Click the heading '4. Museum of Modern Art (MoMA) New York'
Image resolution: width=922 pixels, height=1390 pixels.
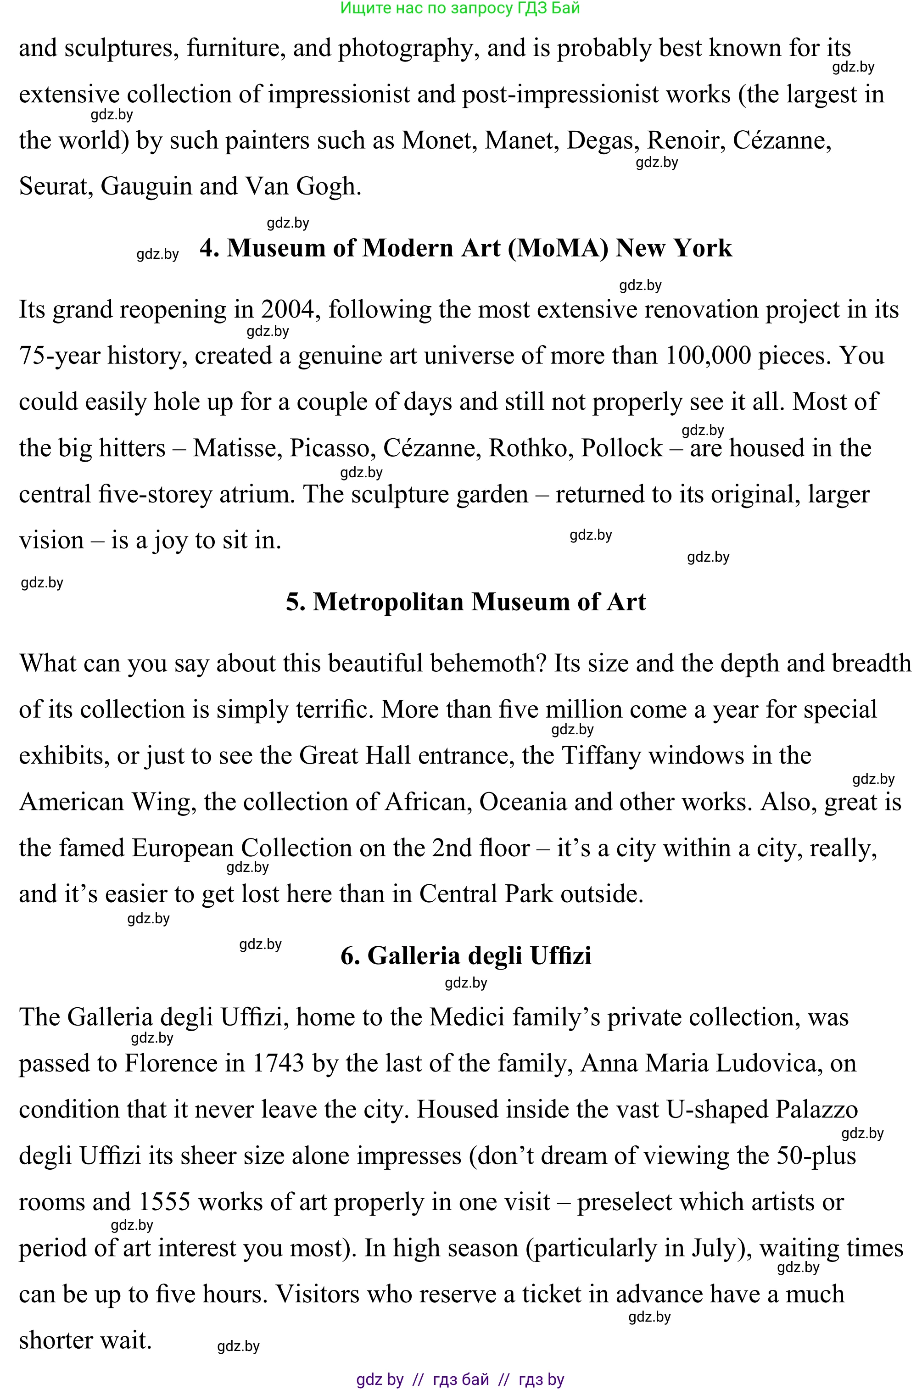(466, 248)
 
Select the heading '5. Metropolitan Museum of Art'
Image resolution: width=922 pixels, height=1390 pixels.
(466, 602)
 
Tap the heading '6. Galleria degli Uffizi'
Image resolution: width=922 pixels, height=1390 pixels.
(466, 955)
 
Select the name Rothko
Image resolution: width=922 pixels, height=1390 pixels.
(531, 448)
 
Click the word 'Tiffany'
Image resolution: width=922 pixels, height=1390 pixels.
(600, 755)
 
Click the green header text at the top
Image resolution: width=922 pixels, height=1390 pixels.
(460, 8)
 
